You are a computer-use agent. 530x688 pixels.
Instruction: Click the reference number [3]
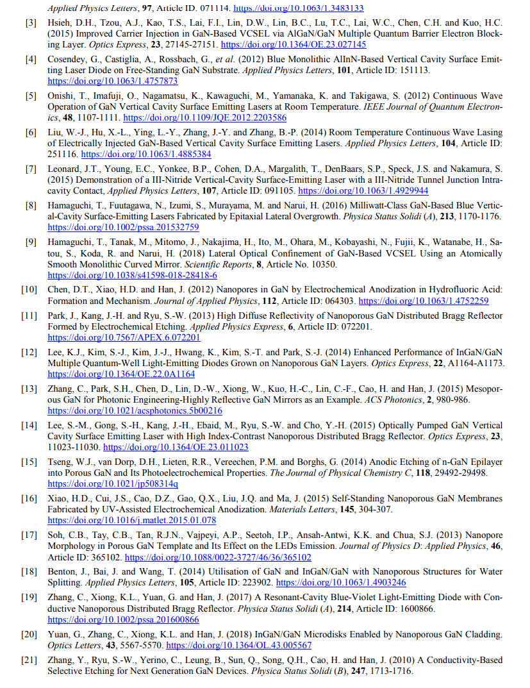(x=31, y=23)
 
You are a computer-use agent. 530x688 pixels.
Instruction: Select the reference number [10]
(x=29, y=289)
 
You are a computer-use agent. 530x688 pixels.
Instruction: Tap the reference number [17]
(x=29, y=535)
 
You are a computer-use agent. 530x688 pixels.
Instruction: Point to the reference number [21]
(x=29, y=660)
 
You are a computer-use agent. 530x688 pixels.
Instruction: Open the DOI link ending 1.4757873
(x=113, y=81)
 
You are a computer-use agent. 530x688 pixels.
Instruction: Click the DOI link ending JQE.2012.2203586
(x=204, y=118)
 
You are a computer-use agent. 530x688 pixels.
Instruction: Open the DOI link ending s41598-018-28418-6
(x=132, y=275)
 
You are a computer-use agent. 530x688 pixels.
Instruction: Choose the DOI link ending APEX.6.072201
(x=124, y=337)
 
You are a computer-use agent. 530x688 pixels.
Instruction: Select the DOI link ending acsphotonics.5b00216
(x=135, y=410)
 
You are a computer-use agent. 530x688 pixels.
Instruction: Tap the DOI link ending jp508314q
(x=113, y=483)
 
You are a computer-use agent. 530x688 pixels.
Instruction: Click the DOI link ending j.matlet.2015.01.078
(x=131, y=520)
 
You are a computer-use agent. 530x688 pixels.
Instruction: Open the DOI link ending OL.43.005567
(x=238, y=645)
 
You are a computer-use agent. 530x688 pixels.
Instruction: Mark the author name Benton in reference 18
(x=62, y=571)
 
